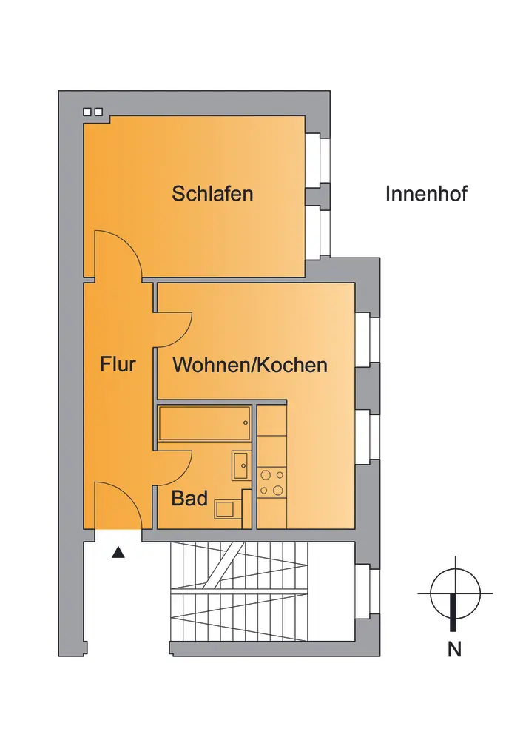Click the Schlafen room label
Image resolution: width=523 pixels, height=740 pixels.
click(212, 193)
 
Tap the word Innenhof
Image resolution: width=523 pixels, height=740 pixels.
click(426, 194)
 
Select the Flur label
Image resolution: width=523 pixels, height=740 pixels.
click(118, 364)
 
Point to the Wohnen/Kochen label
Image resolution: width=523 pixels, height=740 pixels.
click(250, 365)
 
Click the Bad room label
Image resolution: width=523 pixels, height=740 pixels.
click(189, 498)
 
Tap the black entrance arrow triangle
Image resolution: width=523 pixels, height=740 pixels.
click(118, 552)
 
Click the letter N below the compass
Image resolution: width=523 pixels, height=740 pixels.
click(454, 650)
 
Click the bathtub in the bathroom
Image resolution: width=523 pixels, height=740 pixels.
click(204, 423)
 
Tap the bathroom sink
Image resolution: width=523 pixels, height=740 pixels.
click(241, 465)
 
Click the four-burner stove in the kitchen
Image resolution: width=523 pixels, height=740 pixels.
click(272, 482)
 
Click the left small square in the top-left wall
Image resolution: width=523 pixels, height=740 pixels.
click(87, 112)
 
